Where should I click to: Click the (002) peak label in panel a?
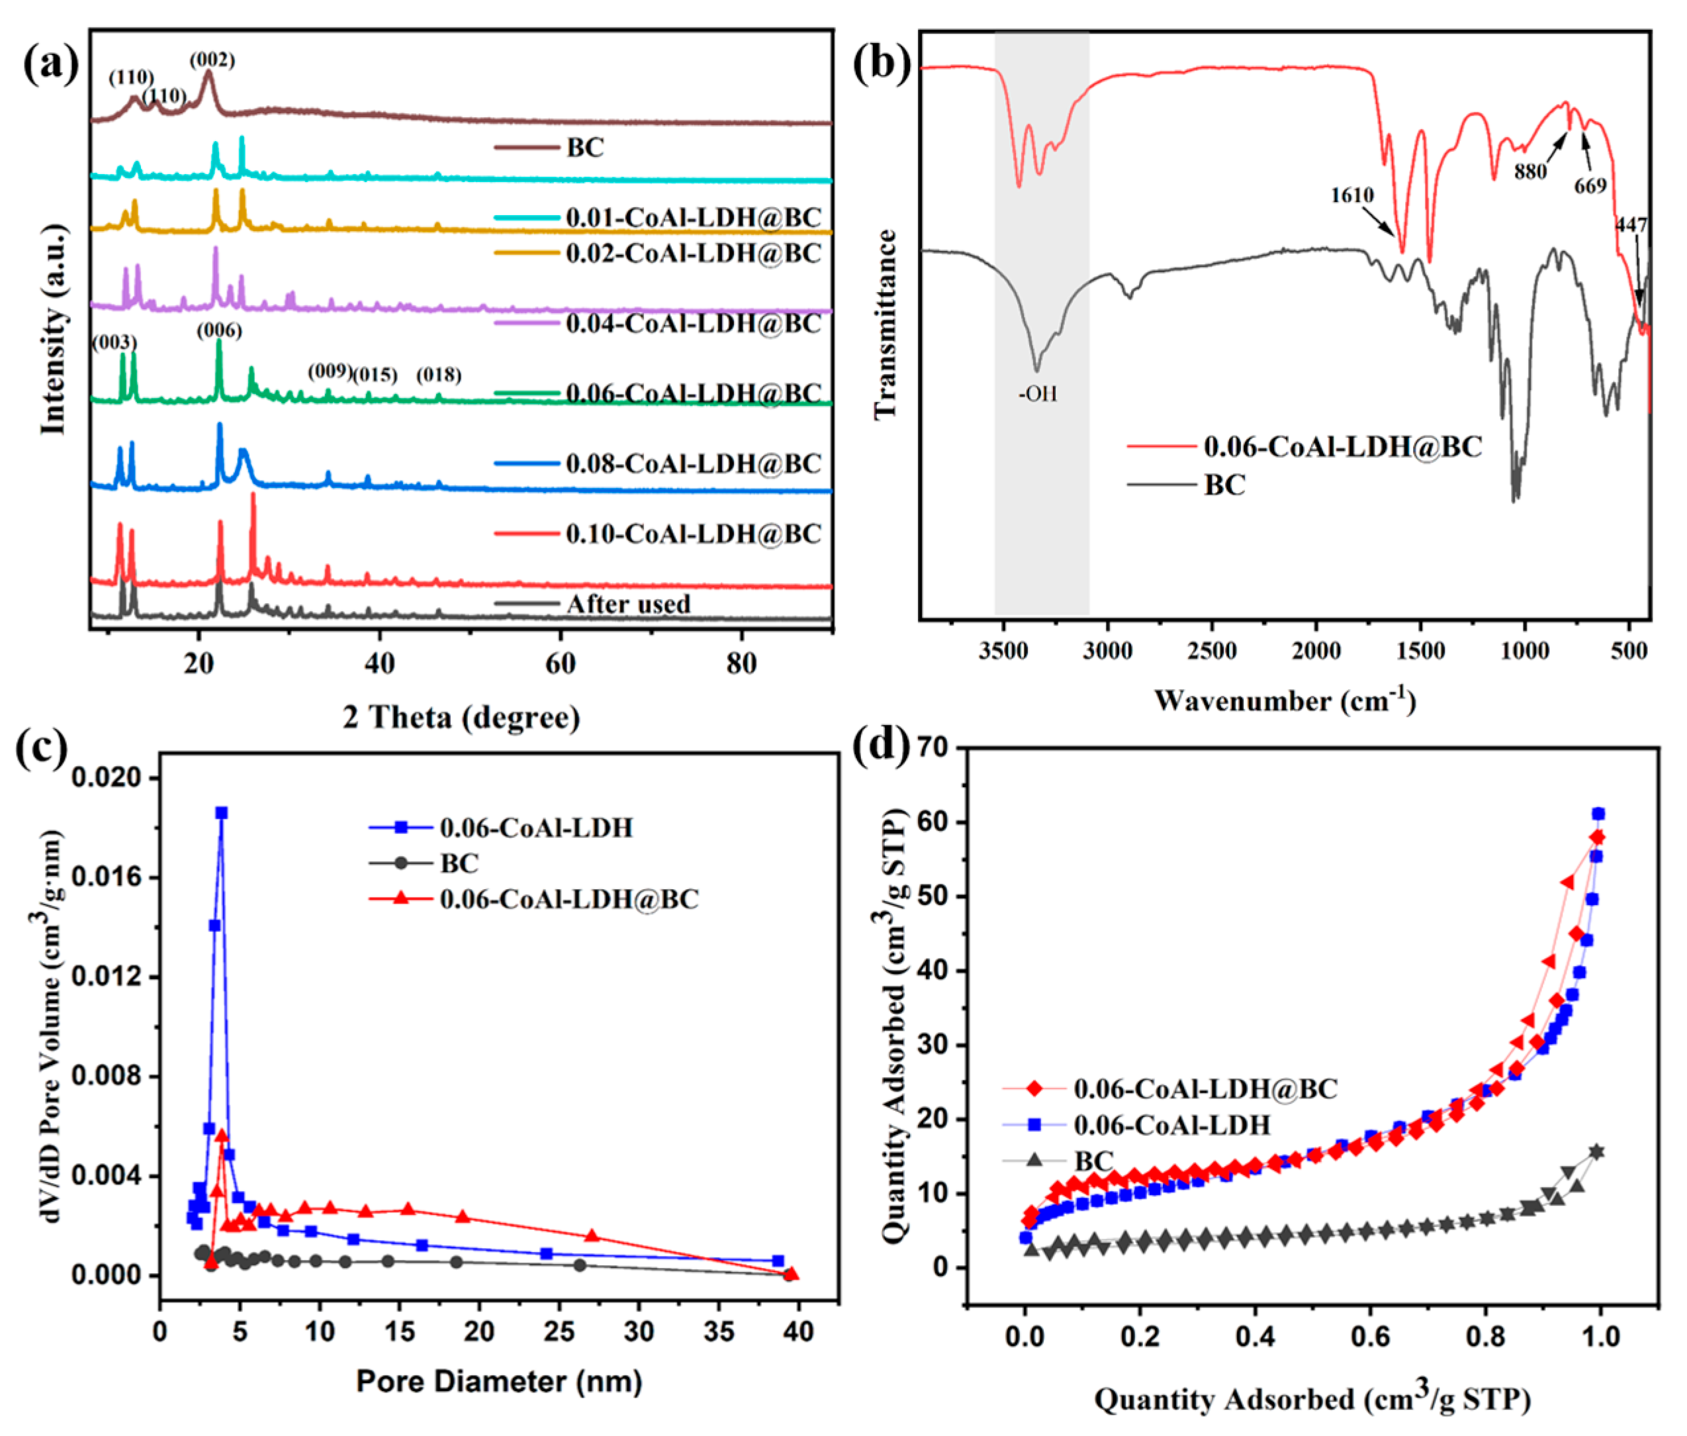click(212, 60)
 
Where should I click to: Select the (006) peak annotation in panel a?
click(219, 330)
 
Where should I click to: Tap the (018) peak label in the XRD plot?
click(439, 375)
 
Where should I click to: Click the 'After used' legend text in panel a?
click(627, 604)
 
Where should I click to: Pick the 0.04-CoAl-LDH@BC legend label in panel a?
click(694, 324)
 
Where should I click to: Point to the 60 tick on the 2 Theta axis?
click(560, 663)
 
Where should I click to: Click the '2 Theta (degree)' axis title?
click(461, 717)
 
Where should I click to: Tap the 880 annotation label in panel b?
click(1530, 171)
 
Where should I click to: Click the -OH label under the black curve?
click(1038, 394)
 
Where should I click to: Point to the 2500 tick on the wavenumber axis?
click(1212, 651)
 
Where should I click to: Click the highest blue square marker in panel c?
click(220, 812)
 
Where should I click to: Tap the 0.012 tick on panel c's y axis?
click(105, 976)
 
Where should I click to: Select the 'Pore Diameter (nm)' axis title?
click(499, 1380)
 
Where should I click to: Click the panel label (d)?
click(880, 745)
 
